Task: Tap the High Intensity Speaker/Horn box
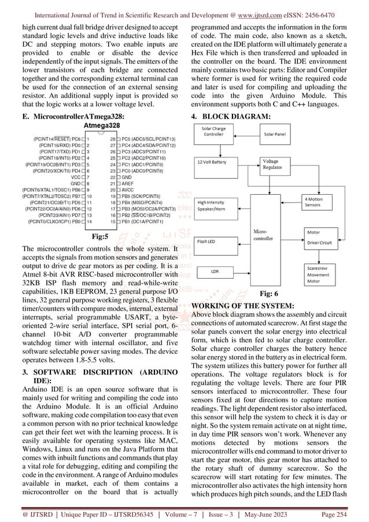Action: (x=219, y=206)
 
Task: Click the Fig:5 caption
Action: (x=103, y=236)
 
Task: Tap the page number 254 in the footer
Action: (x=353, y=512)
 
